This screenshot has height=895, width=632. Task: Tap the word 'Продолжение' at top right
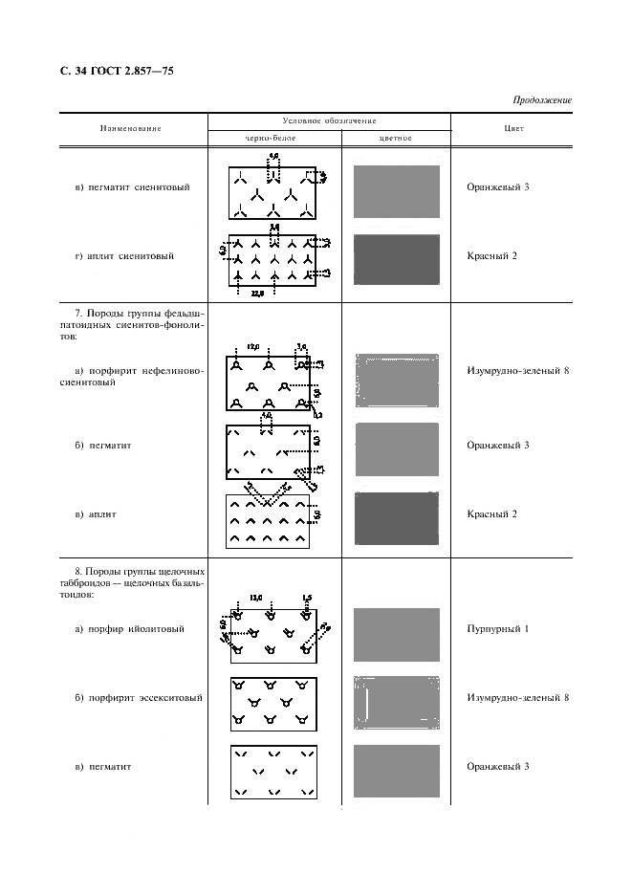pos(542,99)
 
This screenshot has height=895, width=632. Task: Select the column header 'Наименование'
pos(130,128)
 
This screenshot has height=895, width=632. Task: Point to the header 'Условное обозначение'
pos(329,120)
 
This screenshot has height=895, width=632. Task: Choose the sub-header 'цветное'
pos(395,138)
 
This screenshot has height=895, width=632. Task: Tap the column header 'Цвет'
pos(512,128)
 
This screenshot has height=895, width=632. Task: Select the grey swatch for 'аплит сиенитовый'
pos(397,260)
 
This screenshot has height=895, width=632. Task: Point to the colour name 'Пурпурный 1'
pos(498,628)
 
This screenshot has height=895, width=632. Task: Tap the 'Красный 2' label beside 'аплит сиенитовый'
pos(494,255)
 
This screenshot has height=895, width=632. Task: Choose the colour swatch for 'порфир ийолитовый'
pos(397,635)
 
